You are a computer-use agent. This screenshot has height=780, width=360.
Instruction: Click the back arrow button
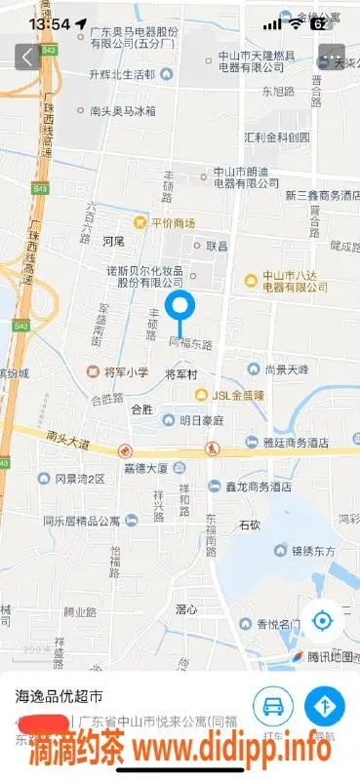pyautogui.click(x=25, y=57)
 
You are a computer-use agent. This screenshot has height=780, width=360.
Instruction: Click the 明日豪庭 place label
pyautogui.click(x=194, y=420)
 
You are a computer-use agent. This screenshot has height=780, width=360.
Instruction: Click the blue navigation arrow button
pyautogui.click(x=325, y=705)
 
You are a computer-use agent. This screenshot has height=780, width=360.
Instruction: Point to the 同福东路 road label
pyautogui.click(x=191, y=343)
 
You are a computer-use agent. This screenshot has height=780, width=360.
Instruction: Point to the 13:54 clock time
pyautogui.click(x=50, y=22)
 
